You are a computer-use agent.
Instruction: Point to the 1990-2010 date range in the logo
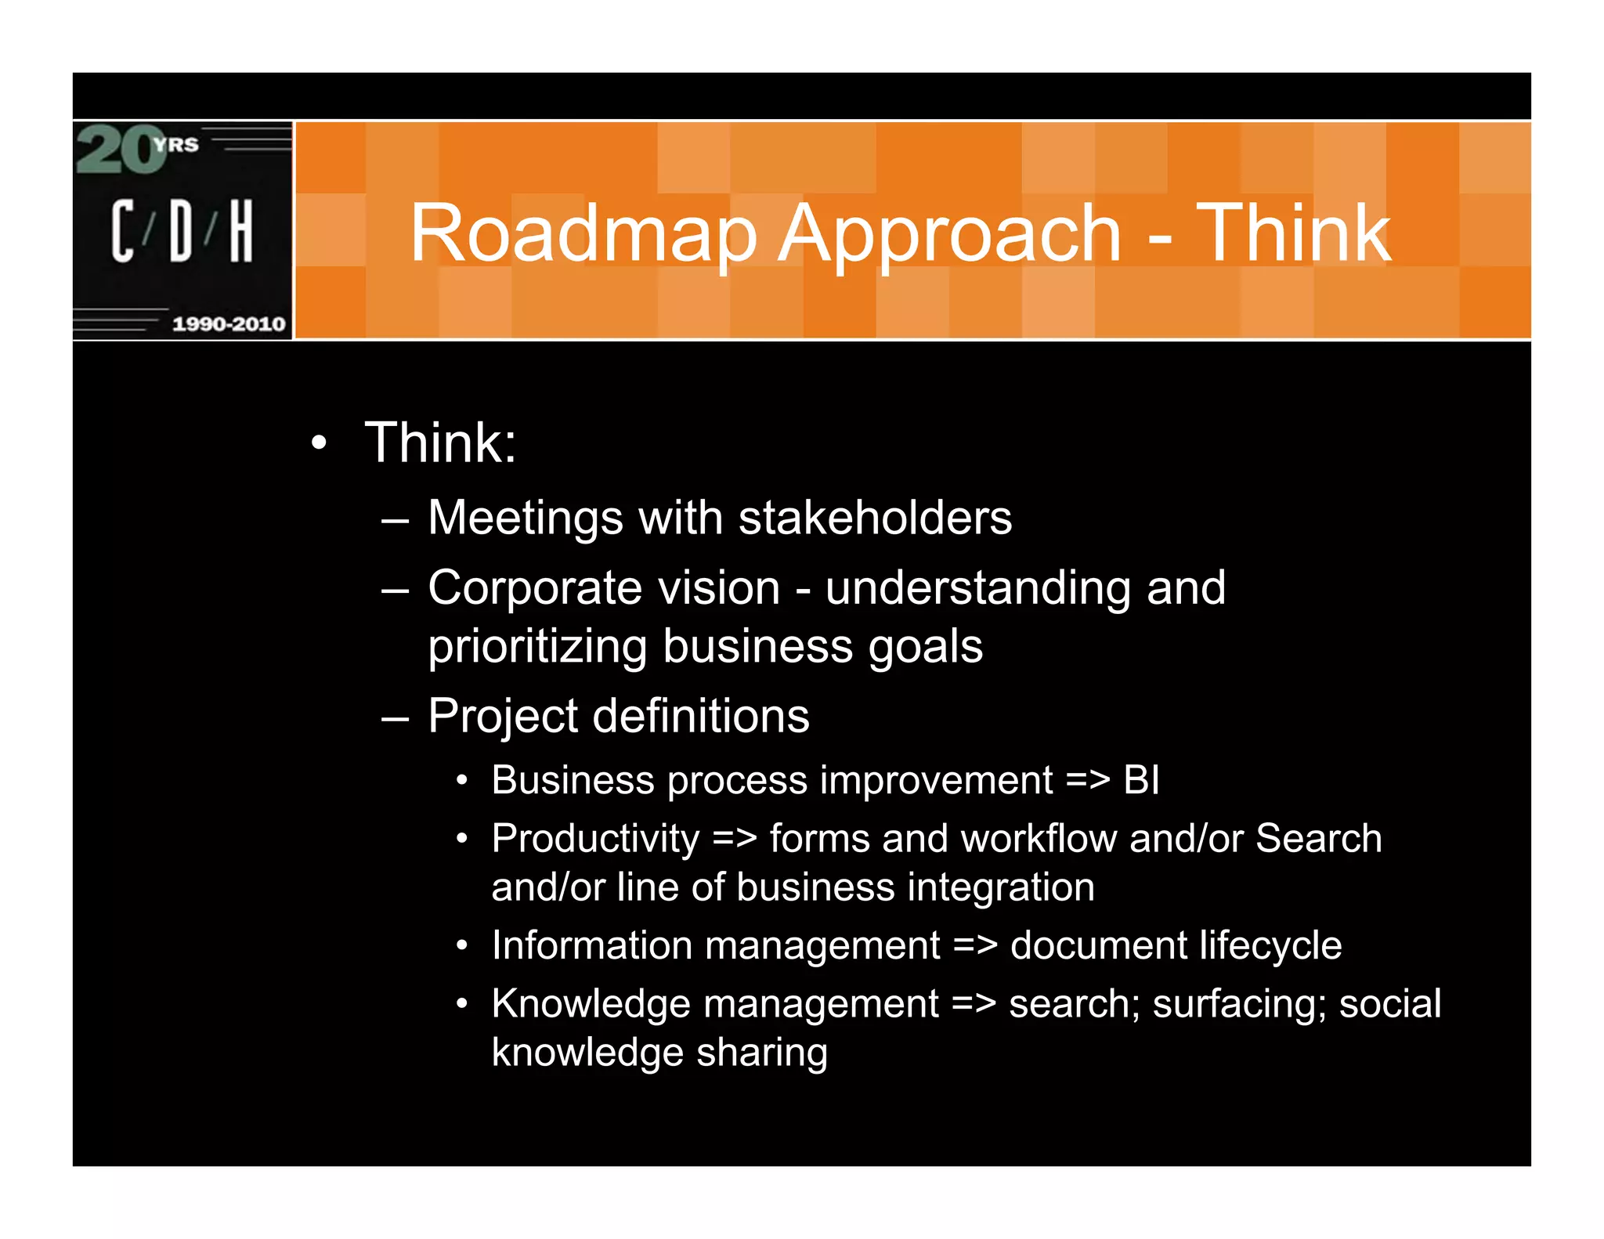(229, 323)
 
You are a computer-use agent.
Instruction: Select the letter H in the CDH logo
(241, 230)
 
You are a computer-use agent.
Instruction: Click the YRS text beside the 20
(177, 145)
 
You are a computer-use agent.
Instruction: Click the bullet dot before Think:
(318, 443)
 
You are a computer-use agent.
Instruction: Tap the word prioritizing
(537, 647)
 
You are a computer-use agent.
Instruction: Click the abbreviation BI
(1141, 780)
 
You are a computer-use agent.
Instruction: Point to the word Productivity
(595, 839)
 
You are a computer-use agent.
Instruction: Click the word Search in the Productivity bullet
(1319, 838)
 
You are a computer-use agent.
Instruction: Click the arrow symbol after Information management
(975, 946)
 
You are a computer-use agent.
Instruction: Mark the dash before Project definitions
(396, 717)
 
